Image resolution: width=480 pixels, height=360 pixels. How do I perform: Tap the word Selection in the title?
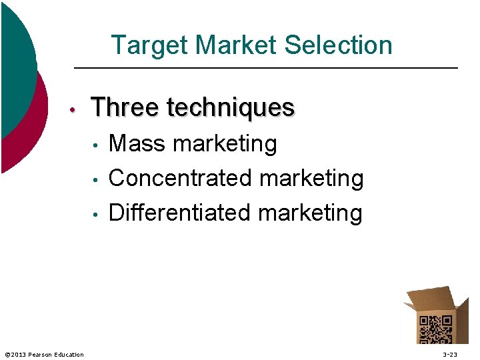point(338,46)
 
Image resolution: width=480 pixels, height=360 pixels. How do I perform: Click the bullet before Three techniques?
point(78,109)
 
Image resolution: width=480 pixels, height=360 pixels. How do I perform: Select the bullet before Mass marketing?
point(97,145)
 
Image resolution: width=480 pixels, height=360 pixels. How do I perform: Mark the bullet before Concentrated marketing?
point(97,179)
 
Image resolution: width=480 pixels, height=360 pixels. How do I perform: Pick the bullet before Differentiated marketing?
point(97,214)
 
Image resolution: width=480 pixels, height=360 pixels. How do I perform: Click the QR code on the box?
point(434,329)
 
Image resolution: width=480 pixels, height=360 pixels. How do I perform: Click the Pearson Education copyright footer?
point(45,354)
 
